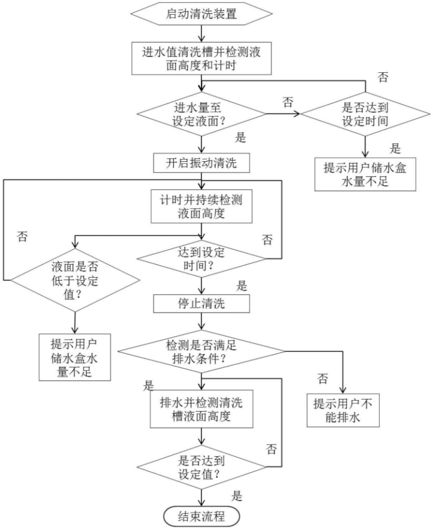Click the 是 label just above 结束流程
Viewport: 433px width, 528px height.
tap(237, 495)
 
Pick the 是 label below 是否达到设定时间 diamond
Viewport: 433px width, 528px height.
tap(395, 148)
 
